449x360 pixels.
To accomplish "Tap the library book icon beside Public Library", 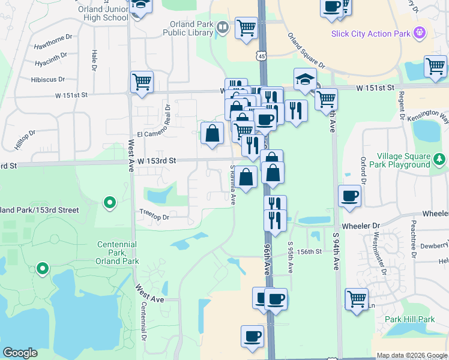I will [222, 27].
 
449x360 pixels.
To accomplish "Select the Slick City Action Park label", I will [371, 34].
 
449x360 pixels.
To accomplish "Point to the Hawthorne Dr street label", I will [53, 37].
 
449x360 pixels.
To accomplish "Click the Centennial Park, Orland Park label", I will [118, 253].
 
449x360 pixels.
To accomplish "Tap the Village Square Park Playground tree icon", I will [440, 159].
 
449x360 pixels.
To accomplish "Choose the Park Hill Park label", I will [410, 319].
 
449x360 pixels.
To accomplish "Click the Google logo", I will [20, 353].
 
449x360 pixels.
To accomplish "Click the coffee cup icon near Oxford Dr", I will [349, 196].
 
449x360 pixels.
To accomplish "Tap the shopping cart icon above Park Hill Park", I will [357, 298].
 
